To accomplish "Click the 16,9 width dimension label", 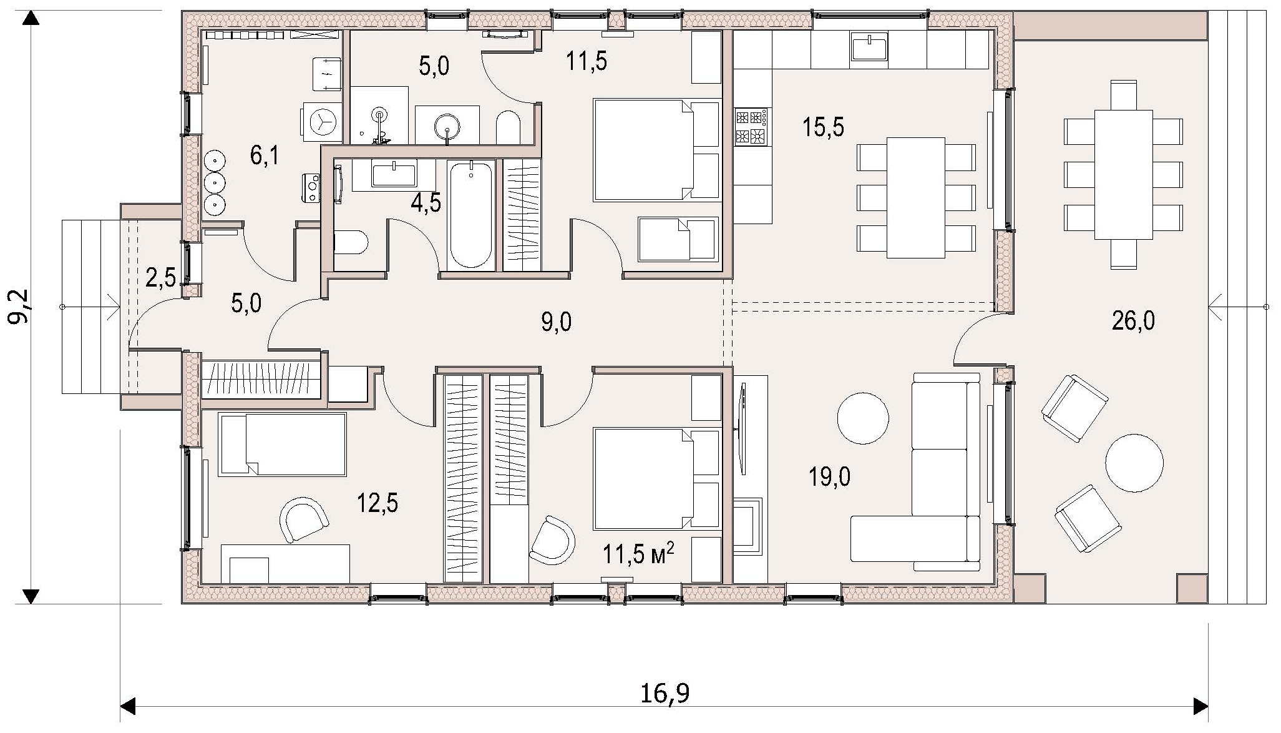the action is (665, 694).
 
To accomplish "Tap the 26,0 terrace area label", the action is (1133, 321).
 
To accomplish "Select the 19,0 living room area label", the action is (829, 478).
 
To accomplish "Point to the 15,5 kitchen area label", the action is (823, 127).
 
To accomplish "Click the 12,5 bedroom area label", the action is (377, 502).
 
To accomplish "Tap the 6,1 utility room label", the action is (264, 155).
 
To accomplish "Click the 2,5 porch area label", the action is (160, 277).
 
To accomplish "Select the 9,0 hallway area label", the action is (557, 323).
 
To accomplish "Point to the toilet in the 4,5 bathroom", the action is (351, 242).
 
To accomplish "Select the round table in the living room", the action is (862, 418).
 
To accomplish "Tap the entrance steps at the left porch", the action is (91, 307).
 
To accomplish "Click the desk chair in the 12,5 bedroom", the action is (304, 519).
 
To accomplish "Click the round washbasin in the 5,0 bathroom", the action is (447, 125).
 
